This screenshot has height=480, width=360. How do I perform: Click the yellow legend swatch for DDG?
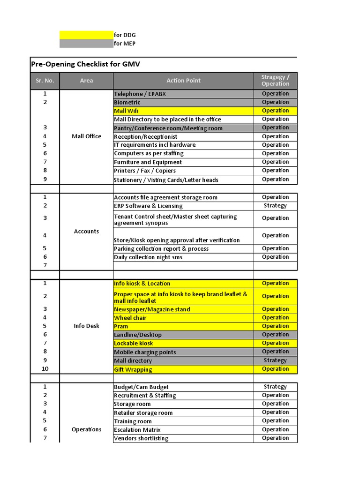(x=86, y=35)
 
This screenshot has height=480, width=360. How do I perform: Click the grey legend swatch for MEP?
(x=86, y=44)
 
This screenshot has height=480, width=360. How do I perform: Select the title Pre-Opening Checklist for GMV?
(x=85, y=64)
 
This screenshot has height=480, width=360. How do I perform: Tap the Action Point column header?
(x=183, y=81)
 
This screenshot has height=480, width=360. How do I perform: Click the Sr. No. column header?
(x=45, y=81)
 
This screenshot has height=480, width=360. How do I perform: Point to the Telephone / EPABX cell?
(x=140, y=94)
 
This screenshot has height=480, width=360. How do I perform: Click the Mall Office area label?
(x=86, y=136)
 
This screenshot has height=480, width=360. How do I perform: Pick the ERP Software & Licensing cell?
(x=148, y=206)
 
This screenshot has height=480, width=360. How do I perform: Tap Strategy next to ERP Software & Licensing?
(x=275, y=206)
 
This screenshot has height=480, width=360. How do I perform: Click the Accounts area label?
(x=86, y=231)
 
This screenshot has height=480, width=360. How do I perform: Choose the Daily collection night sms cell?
(x=148, y=257)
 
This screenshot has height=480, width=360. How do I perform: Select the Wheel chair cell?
(x=130, y=318)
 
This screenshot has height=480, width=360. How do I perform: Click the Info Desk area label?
(x=86, y=326)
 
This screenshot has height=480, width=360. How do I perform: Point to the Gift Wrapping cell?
(x=133, y=369)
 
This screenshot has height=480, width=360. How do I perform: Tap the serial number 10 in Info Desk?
(x=45, y=369)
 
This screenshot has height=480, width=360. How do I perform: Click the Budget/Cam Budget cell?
(x=141, y=387)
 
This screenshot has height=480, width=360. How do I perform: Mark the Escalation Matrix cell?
(x=137, y=430)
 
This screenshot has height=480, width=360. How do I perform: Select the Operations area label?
(x=86, y=429)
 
